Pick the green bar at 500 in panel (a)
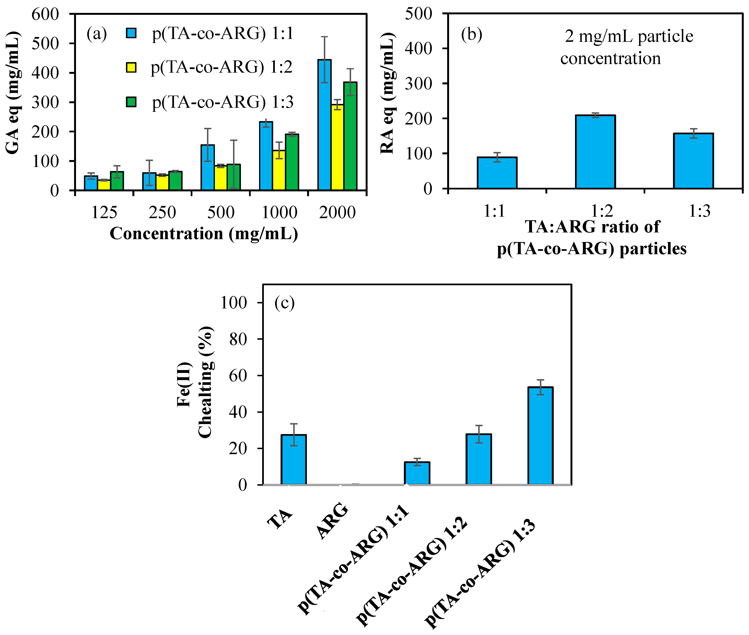[234, 177]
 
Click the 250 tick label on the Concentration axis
[163, 212]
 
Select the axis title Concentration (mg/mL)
[204, 234]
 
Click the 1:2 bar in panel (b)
[595, 151]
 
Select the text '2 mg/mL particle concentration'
[619, 47]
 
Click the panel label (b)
[471, 35]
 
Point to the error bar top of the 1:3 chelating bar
[540, 380]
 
